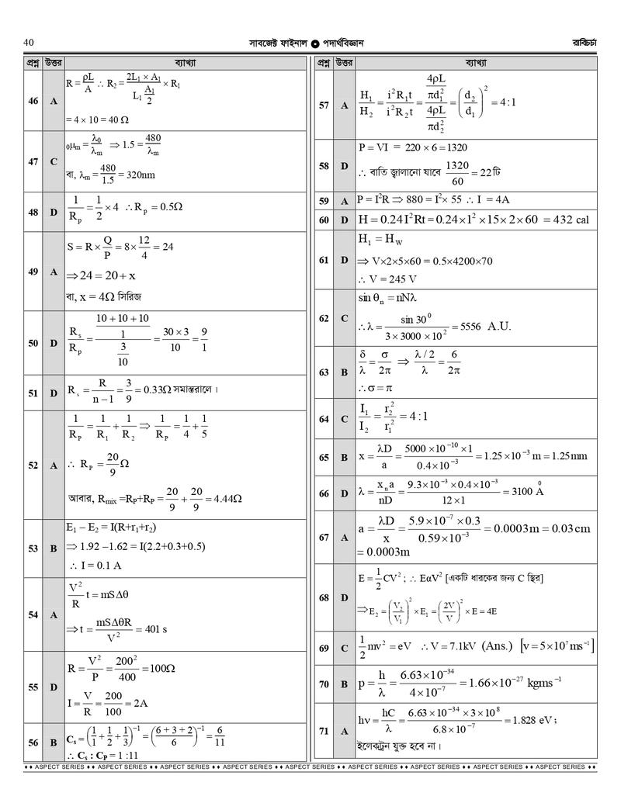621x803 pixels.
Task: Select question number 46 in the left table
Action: point(33,101)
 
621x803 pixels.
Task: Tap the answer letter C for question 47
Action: point(54,161)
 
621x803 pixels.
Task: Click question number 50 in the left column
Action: point(33,343)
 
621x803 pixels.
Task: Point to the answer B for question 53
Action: point(54,549)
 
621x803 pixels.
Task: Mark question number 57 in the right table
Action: point(324,105)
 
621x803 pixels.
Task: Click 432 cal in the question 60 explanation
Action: point(571,220)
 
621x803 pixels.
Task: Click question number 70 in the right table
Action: point(324,684)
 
